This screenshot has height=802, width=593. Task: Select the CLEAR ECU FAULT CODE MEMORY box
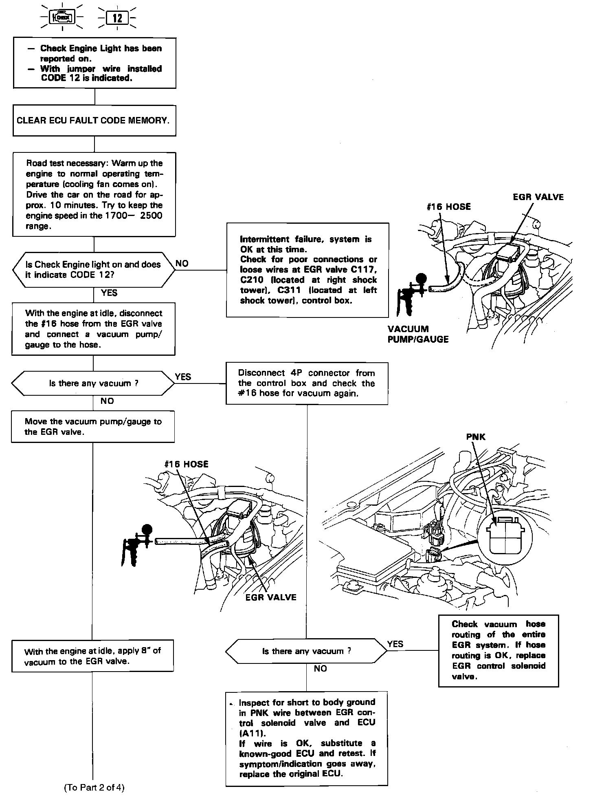coord(94,121)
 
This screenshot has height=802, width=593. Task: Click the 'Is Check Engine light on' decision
coord(94,269)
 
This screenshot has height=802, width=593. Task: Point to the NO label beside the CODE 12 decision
coord(182,264)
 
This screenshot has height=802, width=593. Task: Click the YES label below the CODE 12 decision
coord(109,293)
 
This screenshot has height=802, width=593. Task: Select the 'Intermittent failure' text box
coord(307,270)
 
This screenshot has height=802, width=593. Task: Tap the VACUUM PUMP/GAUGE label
coord(418,334)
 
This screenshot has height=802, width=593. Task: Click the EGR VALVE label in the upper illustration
coord(538,197)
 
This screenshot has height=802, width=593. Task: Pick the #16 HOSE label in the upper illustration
coord(448,207)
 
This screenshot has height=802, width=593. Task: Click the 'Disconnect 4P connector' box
coord(307,383)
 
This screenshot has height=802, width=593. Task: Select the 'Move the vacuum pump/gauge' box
coord(93,427)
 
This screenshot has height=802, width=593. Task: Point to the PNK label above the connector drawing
coord(476,437)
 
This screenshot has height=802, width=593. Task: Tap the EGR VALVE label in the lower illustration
coord(271,597)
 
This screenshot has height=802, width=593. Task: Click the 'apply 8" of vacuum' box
coord(93,656)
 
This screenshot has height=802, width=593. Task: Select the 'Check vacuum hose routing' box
coord(498,650)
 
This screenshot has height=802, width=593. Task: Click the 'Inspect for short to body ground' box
coord(307,738)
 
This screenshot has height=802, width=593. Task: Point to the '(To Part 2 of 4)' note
coord(94,788)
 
